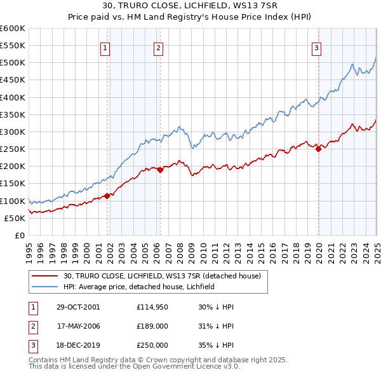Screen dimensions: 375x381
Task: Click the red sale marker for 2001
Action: [107, 196]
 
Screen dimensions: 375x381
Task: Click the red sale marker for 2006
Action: [160, 170]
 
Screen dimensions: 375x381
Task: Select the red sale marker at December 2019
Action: [318, 149]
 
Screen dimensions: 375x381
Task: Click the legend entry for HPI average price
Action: [139, 287]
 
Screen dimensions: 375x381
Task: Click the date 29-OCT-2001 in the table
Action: [78, 307]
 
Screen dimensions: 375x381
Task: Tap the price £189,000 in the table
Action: [152, 326]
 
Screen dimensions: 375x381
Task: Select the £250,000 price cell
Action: [152, 345]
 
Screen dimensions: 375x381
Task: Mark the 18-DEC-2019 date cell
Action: [78, 345]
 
